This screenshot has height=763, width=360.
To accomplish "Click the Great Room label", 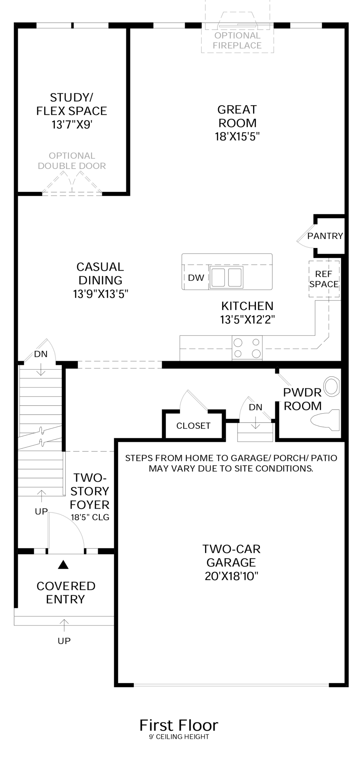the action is [237, 116].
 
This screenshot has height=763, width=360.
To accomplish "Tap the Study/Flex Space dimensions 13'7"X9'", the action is [72, 125].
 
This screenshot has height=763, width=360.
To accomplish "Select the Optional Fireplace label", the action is [237, 41].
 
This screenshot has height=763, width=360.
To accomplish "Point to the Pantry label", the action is [325, 236].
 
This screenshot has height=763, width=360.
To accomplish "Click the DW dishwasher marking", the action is [196, 278].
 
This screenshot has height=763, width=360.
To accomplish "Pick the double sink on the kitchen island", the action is [226, 277].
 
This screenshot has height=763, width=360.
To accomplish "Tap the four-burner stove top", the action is [247, 348].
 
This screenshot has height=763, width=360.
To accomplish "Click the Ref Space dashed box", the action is [324, 279].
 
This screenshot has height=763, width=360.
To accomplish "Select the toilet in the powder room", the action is [325, 420].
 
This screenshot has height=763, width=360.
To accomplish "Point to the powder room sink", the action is [331, 387].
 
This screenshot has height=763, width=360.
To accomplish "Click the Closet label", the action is [194, 426].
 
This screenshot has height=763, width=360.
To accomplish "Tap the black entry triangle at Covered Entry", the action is [64, 565].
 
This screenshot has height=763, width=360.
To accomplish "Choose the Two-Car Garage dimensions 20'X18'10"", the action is [232, 576].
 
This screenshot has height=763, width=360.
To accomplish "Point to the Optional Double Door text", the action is [72, 161].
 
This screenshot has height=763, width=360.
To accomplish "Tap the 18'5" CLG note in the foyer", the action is [90, 517].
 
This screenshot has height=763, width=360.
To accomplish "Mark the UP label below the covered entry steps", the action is [64, 641].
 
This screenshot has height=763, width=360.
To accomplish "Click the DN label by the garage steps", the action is [255, 407].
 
